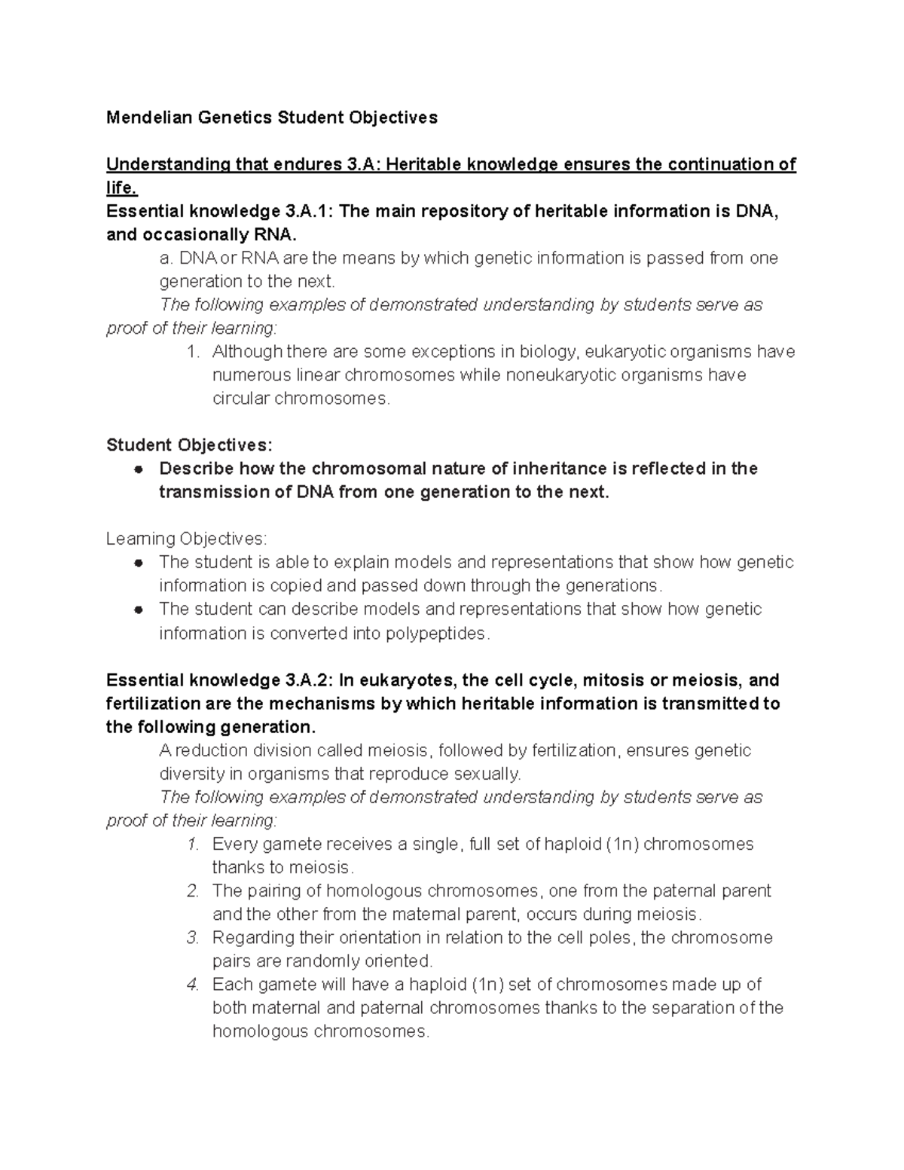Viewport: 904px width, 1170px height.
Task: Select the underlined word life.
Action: [122, 188]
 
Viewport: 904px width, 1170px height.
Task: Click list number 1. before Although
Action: [193, 352]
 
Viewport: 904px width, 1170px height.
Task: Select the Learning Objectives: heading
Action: [186, 539]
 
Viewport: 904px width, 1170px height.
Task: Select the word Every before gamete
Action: [234, 844]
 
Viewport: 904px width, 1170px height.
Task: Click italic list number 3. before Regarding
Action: [193, 938]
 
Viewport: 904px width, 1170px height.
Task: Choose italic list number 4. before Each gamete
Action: [193, 985]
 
